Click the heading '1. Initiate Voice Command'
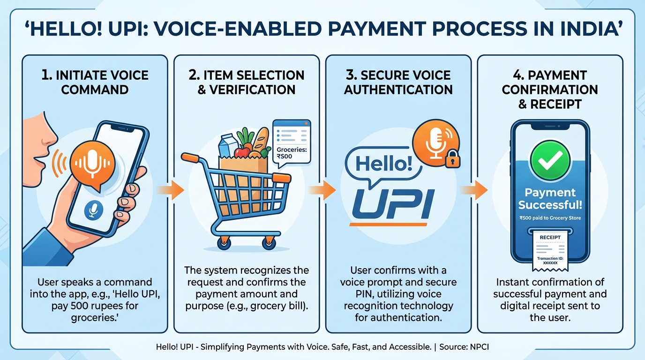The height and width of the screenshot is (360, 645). click(x=95, y=82)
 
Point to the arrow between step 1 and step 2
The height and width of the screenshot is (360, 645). click(x=169, y=190)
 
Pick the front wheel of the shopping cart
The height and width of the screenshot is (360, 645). click(x=270, y=242)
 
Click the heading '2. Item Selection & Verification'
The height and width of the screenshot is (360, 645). click(x=246, y=82)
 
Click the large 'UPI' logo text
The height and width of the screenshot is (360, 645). click(x=393, y=204)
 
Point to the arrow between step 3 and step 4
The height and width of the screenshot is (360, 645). click(x=474, y=190)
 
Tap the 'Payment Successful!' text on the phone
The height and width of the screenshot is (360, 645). click(x=550, y=198)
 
